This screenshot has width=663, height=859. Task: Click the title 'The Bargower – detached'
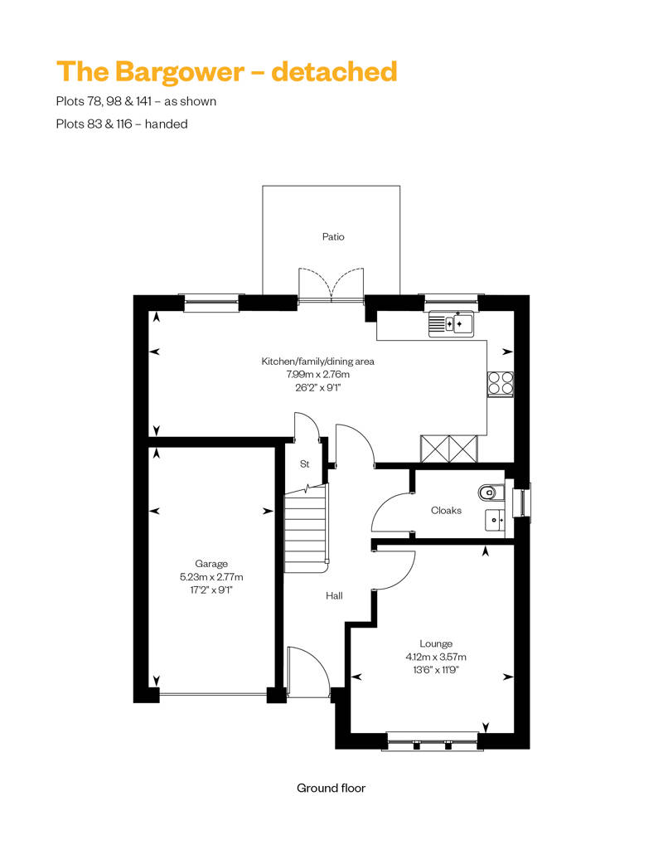pos(226,71)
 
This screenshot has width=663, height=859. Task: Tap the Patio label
pos(333,237)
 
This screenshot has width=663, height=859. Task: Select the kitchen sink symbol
pos(451,323)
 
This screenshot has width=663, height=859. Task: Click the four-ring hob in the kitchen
pos(500,382)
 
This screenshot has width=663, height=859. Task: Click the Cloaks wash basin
pos(495,520)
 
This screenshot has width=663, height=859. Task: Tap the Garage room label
pos(211,563)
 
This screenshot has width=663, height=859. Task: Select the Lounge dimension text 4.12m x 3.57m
pos(435,657)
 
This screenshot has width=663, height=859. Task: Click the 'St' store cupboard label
pos(304,465)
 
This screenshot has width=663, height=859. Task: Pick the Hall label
pos(335,595)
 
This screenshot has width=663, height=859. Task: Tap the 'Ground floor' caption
pos(331,788)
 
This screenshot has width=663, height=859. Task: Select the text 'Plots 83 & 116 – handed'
pos(121,124)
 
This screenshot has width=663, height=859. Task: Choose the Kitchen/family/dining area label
pos(318,362)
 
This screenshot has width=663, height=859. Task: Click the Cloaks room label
pos(446,511)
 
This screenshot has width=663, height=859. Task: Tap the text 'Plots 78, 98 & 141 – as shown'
pos(136,102)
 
